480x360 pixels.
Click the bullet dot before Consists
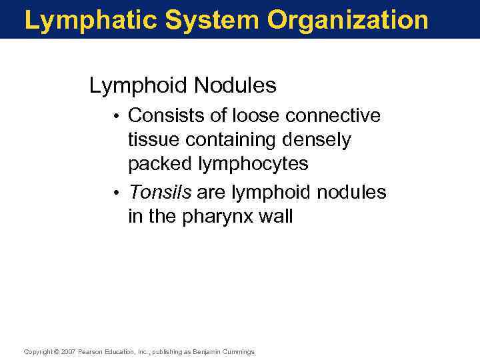click(117, 117)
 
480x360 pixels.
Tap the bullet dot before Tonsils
click(117, 193)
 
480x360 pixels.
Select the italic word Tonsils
click(160, 193)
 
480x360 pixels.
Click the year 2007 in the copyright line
click(67, 351)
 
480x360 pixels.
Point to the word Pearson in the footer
click(90, 351)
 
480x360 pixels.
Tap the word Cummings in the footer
click(238, 351)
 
